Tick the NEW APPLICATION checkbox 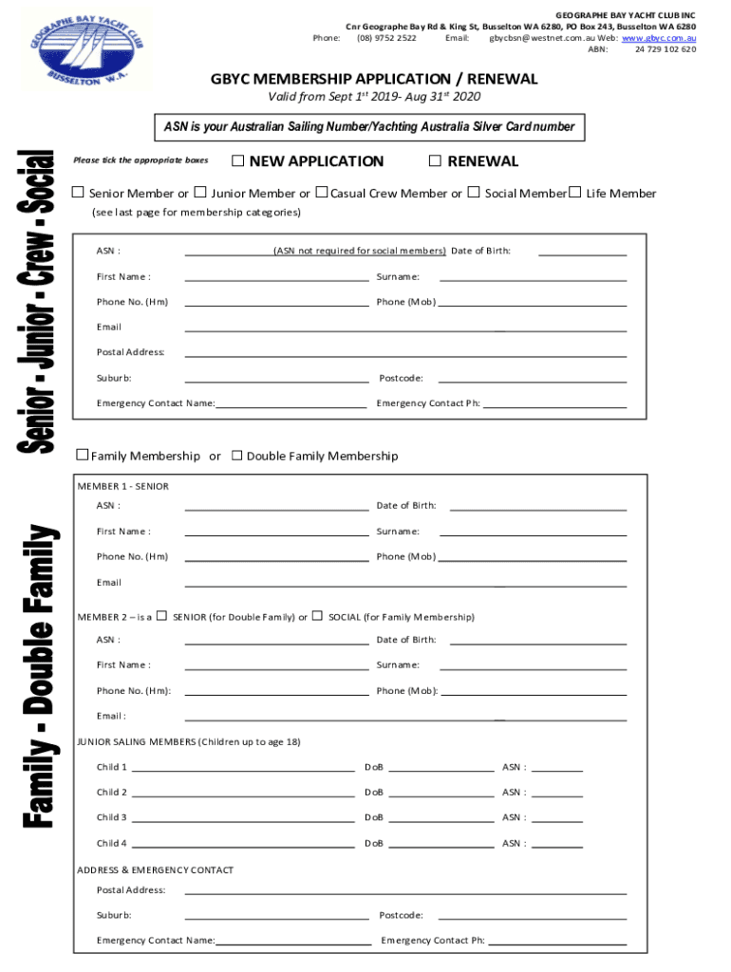[x=237, y=160]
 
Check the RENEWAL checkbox [x=436, y=160]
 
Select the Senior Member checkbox [x=79, y=193]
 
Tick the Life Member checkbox [x=574, y=193]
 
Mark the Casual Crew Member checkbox [x=322, y=193]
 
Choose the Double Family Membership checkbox [x=237, y=455]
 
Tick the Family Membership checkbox [x=83, y=455]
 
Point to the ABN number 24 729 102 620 [x=665, y=49]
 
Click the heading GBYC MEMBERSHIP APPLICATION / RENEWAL [x=374, y=79]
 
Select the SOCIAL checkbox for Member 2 [x=317, y=616]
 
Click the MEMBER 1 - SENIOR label [x=123, y=486]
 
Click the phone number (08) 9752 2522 [x=386, y=38]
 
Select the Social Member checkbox [x=474, y=193]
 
